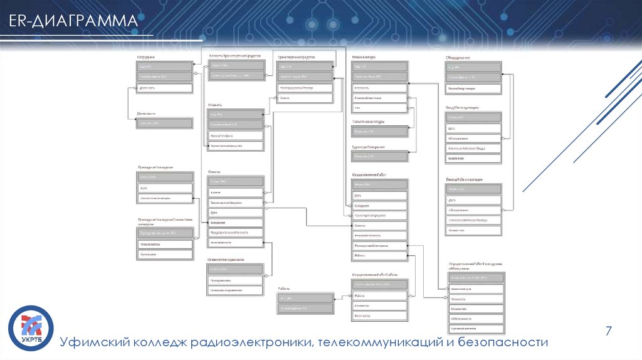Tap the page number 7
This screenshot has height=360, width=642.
point(608,331)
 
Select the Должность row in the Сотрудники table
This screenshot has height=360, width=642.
point(164,88)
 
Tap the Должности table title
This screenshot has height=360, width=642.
point(146,114)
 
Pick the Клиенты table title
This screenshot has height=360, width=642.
point(216,105)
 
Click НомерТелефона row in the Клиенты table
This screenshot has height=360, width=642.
point(236,135)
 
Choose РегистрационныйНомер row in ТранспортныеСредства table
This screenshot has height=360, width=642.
point(305,88)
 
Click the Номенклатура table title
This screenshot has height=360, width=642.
point(364,57)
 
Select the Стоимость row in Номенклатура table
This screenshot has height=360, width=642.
point(379,88)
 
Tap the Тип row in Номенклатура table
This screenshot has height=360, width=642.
point(379,108)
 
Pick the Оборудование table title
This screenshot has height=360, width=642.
point(458,57)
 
